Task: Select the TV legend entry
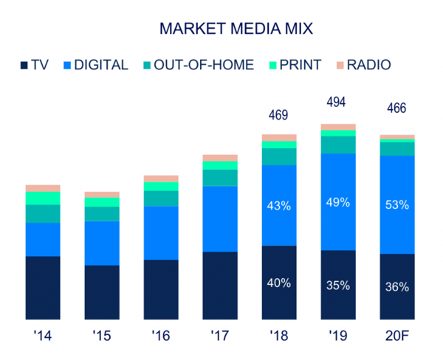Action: click(x=41, y=64)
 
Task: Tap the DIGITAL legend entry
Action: click(x=96, y=64)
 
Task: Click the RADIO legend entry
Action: click(x=363, y=64)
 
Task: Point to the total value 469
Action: click(x=278, y=115)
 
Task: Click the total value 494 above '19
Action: click(x=337, y=102)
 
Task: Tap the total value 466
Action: click(x=396, y=108)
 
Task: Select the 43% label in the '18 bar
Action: click(x=279, y=206)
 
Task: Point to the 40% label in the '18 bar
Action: click(x=279, y=283)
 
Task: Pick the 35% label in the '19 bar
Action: click(x=337, y=285)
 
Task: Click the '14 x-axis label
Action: click(x=43, y=336)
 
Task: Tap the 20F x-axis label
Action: click(x=396, y=336)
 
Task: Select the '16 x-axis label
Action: click(x=161, y=336)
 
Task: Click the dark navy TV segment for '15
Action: click(x=102, y=292)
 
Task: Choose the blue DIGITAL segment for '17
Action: click(x=220, y=218)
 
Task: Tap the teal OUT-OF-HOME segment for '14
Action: click(x=43, y=213)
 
